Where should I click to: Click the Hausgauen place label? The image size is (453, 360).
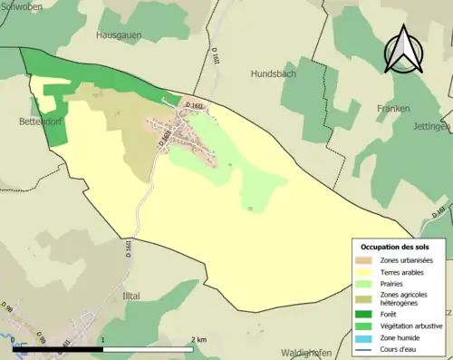pyautogui.click(x=120, y=34)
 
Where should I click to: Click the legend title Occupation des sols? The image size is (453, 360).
pyautogui.click(x=395, y=247)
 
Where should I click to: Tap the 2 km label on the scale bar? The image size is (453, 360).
pyautogui.click(x=199, y=339)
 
